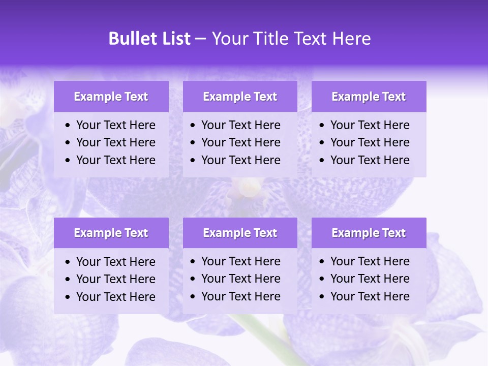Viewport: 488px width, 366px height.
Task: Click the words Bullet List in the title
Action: click(149, 39)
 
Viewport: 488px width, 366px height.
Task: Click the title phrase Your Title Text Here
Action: click(291, 39)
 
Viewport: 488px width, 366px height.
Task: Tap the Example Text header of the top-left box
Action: click(111, 97)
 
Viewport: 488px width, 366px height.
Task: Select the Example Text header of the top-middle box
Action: click(240, 97)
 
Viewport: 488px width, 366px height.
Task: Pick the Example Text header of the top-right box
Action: click(369, 97)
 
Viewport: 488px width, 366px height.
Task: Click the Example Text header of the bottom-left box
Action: click(111, 233)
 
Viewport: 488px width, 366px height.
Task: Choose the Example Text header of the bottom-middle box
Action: click(240, 233)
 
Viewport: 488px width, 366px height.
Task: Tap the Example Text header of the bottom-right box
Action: click(369, 233)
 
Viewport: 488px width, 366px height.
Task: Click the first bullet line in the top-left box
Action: click(115, 125)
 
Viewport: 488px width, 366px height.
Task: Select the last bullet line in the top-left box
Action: click(115, 160)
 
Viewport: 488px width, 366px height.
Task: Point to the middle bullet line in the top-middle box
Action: click(240, 142)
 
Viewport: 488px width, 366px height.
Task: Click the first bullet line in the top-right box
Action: click(370, 125)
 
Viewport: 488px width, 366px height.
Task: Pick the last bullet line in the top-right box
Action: click(370, 160)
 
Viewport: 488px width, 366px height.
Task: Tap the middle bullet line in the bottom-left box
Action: click(115, 279)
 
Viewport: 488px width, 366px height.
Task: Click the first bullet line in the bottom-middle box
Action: click(240, 261)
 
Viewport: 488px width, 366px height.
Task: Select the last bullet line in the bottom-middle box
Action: click(240, 296)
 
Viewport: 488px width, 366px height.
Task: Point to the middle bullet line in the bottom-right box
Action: click(370, 279)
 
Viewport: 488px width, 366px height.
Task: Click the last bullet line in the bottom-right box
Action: click(370, 296)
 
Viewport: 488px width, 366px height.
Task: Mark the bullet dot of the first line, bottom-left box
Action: click(68, 262)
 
